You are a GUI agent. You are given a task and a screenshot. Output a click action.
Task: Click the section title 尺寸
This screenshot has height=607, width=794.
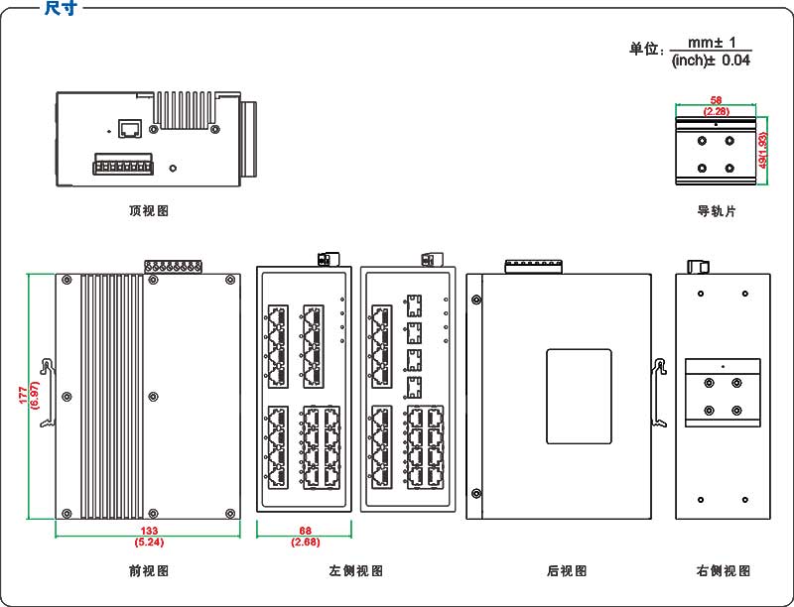[x=63, y=8]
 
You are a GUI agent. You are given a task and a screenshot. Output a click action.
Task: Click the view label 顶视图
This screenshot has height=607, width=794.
[x=149, y=211]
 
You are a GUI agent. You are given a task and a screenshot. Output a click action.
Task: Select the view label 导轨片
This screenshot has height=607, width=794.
[x=717, y=211]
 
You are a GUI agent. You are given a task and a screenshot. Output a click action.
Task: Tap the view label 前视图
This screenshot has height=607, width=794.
[x=149, y=571]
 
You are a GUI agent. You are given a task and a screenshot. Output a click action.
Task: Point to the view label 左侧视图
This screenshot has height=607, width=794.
[x=355, y=571]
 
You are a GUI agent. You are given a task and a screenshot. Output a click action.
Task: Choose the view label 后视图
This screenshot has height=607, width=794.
[x=567, y=571]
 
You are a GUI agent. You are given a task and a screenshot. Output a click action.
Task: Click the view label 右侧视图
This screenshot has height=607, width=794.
[x=724, y=571]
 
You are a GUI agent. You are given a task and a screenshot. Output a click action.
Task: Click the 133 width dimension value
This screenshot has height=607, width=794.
[x=150, y=532]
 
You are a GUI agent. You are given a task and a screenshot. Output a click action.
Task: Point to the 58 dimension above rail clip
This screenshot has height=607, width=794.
[x=716, y=100]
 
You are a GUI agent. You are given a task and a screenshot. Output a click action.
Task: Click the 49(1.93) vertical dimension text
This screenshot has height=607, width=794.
[x=762, y=149]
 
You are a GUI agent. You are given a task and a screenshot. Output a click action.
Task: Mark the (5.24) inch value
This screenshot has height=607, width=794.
[x=150, y=543]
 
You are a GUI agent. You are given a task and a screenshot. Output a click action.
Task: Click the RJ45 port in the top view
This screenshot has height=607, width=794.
[x=129, y=128]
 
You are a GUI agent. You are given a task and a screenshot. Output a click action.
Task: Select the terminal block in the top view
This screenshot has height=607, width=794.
[x=123, y=164]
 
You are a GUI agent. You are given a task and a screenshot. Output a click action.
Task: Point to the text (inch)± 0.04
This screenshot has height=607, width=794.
[x=711, y=61]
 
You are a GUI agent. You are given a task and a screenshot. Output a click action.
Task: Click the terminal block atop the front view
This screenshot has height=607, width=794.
[x=173, y=267]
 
